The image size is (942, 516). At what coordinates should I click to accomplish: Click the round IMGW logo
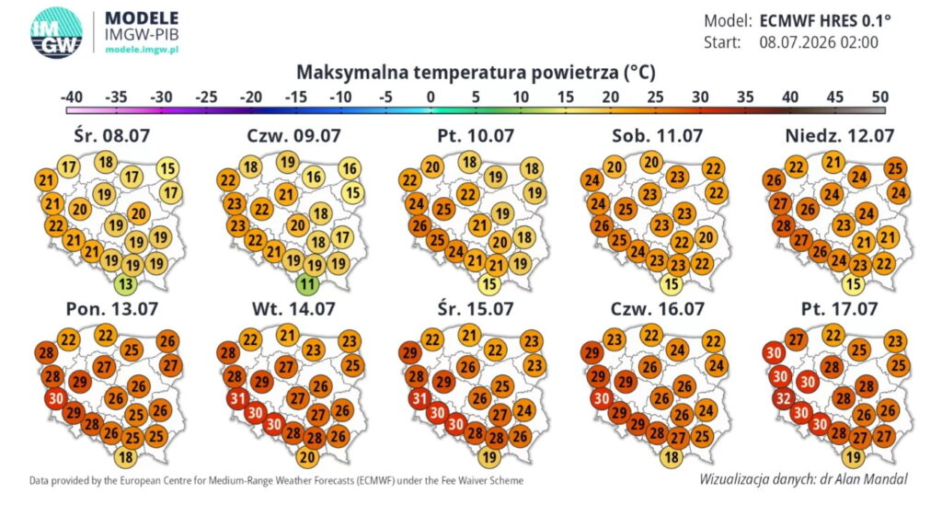pyautogui.click(x=56, y=32)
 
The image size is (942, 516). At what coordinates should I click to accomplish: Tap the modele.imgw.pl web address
pyautogui.click(x=142, y=50)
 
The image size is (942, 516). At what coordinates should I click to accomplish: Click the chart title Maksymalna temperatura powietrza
pyautogui.click(x=476, y=73)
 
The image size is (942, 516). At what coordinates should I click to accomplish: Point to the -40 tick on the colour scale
pyautogui.click(x=72, y=97)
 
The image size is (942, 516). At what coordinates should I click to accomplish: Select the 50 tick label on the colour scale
pyautogui.click(x=879, y=97)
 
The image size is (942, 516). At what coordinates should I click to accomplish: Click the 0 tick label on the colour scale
pyautogui.click(x=431, y=97)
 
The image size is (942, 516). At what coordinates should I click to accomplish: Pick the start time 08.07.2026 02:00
pyautogui.click(x=818, y=42)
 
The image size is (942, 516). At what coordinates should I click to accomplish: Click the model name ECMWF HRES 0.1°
pyautogui.click(x=825, y=21)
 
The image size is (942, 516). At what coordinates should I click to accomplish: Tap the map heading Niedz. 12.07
pyautogui.click(x=839, y=136)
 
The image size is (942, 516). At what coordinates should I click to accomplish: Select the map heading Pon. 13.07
pyautogui.click(x=111, y=309)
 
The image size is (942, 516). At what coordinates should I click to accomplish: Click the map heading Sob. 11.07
pyautogui.click(x=657, y=136)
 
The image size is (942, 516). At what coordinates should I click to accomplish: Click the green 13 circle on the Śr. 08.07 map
pyautogui.click(x=125, y=283)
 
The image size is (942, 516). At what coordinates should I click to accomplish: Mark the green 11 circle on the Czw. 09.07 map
pyautogui.click(x=307, y=283)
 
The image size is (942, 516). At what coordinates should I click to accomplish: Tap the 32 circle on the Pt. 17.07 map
pyautogui.click(x=784, y=399)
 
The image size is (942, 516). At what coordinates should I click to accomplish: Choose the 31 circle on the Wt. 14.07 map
pyautogui.click(x=238, y=398)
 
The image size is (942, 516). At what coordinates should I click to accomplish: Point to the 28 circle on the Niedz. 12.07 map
pyautogui.click(x=784, y=226)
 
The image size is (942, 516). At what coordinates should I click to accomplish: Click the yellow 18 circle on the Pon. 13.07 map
pyautogui.click(x=125, y=457)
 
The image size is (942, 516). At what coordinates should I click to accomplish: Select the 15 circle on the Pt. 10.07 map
pyautogui.click(x=489, y=284)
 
